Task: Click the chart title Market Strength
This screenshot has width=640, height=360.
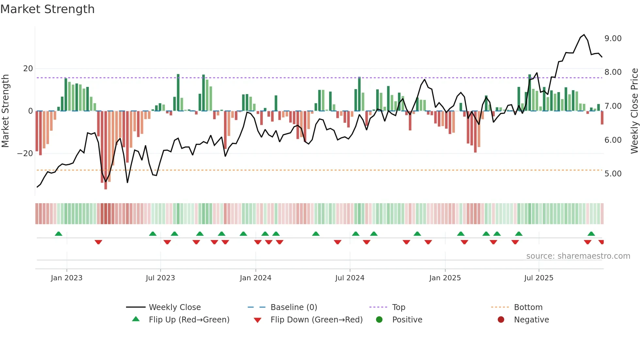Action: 47,9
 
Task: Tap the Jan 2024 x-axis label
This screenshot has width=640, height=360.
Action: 255,278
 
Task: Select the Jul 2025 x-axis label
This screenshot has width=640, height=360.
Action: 538,278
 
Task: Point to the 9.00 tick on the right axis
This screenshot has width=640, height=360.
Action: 613,39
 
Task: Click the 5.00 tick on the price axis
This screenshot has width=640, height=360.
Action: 613,174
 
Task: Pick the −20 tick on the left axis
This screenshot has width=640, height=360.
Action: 25,154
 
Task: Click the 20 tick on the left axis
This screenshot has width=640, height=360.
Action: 28,69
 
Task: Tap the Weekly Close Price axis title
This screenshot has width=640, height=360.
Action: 634,111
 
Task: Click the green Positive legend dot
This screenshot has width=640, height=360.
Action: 379,320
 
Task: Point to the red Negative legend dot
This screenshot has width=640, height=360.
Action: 501,320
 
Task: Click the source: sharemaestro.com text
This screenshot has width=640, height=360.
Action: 578,256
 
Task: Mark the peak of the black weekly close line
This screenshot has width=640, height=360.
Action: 584,35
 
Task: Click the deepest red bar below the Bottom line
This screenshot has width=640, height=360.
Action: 105,186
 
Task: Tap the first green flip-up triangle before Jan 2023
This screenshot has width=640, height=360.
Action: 58,234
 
